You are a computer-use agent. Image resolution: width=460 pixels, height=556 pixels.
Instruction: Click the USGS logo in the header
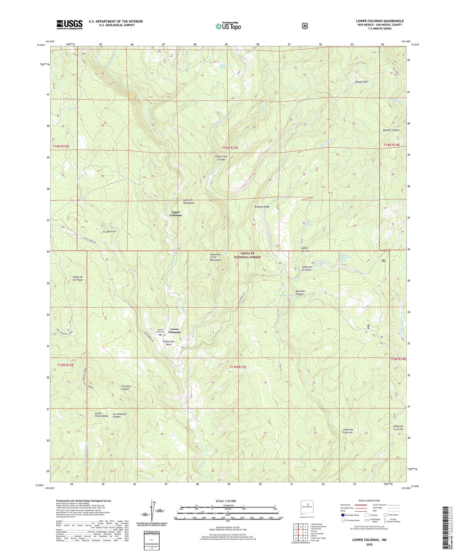69,25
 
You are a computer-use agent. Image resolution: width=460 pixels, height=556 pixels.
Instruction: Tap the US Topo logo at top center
228,26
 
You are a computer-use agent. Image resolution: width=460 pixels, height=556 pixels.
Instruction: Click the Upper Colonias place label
176,214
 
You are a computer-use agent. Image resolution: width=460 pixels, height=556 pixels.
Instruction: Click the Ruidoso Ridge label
262,207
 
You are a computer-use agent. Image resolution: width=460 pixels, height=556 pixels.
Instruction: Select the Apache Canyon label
391,130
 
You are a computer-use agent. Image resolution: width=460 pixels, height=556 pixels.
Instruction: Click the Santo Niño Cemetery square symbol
160,335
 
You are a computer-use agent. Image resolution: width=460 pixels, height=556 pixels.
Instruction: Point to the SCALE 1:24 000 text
228,501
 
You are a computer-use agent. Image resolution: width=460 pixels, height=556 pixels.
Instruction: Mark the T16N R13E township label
228,148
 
